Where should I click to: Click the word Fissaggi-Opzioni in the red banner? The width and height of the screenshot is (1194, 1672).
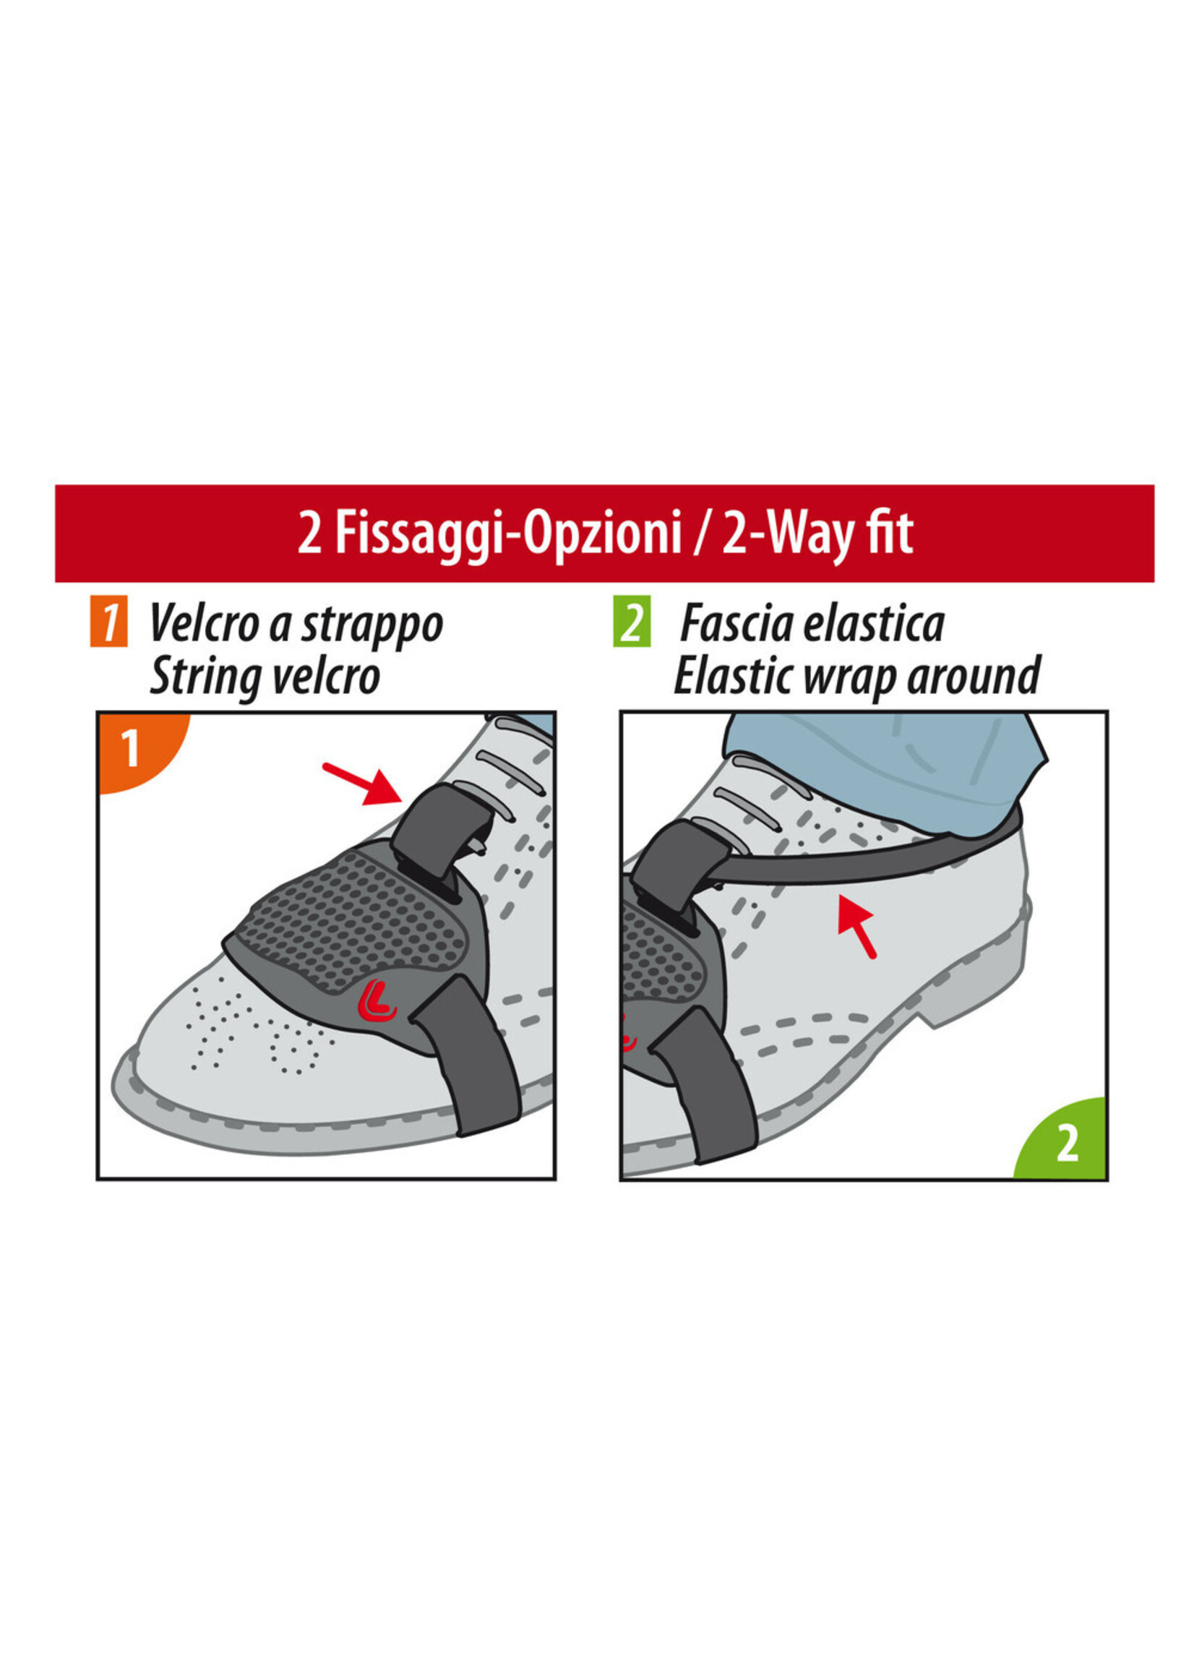(509, 534)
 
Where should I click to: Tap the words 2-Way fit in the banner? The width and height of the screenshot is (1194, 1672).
(817, 534)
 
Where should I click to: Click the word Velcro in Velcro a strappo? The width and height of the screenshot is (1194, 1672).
(204, 624)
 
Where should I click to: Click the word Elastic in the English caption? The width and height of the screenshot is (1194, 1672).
(734, 676)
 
